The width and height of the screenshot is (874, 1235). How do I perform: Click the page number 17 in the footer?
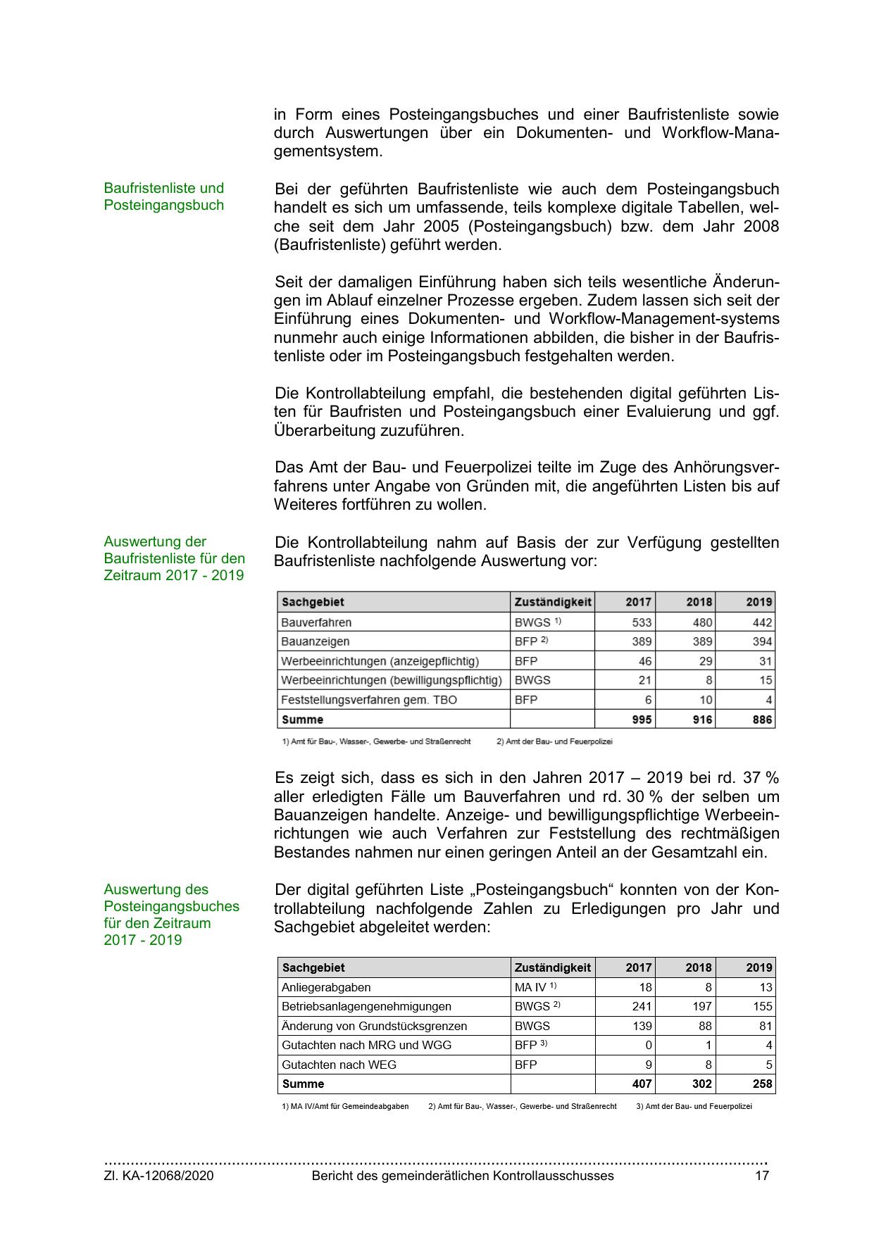(x=762, y=1175)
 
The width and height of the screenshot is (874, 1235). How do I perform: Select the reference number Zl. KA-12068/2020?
(x=158, y=1175)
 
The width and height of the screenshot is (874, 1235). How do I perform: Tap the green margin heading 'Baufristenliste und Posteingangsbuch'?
(x=163, y=196)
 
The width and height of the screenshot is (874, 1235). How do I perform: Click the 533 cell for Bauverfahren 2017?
(x=642, y=622)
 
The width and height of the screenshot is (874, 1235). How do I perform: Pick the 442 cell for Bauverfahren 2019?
(x=762, y=622)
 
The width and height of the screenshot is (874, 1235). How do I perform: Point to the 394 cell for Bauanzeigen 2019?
(x=762, y=641)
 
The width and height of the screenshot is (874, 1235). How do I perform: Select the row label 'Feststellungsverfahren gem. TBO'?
(x=369, y=700)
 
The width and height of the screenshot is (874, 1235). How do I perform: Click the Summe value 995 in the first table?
(x=642, y=720)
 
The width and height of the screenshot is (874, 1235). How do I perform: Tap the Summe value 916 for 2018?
(x=702, y=720)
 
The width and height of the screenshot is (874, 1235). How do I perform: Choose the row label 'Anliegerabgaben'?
(x=326, y=987)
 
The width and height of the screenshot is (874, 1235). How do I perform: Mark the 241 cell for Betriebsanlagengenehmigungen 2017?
(x=642, y=1006)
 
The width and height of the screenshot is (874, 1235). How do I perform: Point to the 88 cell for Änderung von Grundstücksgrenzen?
(x=705, y=1026)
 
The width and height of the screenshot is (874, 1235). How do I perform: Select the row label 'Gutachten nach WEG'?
(x=339, y=1065)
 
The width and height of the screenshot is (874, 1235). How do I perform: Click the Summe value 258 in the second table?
(x=762, y=1084)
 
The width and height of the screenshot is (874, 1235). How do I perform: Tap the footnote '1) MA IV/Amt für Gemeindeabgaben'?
(x=345, y=1106)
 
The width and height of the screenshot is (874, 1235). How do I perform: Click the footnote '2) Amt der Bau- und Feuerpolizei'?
(x=554, y=741)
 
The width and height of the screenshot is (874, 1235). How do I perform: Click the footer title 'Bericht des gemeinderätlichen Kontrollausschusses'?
(x=463, y=1175)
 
